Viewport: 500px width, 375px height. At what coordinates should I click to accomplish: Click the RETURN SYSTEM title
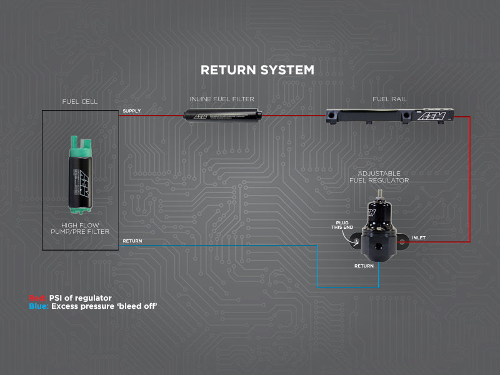click(257, 69)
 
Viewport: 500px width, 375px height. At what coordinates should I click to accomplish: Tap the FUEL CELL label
click(80, 101)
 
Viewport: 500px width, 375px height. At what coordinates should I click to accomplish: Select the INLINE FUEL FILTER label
click(222, 99)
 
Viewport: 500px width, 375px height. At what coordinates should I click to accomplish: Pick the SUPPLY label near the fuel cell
click(132, 111)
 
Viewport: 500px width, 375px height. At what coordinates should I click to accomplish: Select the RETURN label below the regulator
click(364, 266)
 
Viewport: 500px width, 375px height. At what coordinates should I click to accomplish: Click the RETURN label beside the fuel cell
click(132, 241)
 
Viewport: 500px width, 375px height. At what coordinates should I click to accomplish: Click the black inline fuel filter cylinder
click(222, 116)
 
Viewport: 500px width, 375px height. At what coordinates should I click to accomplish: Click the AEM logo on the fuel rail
click(431, 116)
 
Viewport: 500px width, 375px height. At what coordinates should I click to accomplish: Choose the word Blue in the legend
click(38, 307)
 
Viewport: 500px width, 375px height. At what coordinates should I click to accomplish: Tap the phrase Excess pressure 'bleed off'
click(104, 307)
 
